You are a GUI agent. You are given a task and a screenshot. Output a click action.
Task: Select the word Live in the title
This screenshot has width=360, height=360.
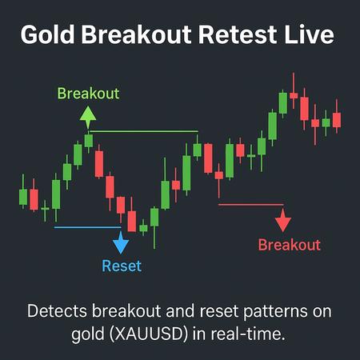pos(314,36)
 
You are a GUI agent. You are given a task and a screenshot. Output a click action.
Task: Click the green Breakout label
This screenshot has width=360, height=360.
pos(88,94)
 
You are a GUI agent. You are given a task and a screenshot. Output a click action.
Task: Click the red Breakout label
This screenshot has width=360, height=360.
pos(289,245)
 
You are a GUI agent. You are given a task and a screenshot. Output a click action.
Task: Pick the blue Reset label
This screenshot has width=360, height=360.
pos(121,266)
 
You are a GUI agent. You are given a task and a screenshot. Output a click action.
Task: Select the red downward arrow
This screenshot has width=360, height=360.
pos(281,220)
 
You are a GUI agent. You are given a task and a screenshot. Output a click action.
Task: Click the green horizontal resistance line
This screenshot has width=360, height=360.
pos(144,131)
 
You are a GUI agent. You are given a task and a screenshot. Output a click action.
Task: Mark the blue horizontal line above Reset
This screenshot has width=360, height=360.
pos(86,227)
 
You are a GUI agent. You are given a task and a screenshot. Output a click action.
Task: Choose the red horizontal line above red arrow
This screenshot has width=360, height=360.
pos(250,205)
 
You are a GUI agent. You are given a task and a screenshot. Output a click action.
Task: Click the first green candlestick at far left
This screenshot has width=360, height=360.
pos(23,197)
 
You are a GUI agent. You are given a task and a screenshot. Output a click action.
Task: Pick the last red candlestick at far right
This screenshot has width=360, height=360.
pos(337,119)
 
